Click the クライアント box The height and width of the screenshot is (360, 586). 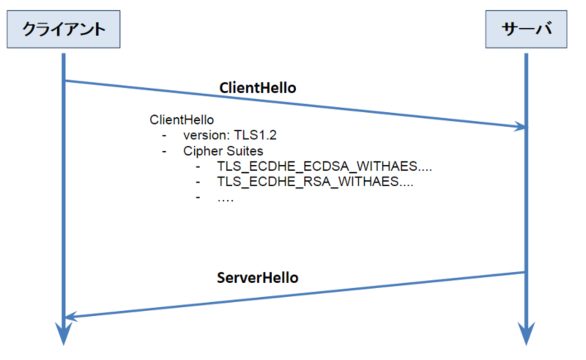[x=63, y=29]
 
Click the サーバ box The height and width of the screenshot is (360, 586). [x=526, y=29]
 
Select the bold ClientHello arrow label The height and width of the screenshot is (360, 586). [x=257, y=88]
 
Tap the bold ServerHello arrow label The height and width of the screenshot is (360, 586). [x=257, y=277]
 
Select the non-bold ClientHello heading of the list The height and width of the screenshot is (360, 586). [x=181, y=120]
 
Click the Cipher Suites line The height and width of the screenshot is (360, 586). [x=223, y=151]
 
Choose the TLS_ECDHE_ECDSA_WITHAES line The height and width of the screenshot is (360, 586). [x=324, y=166]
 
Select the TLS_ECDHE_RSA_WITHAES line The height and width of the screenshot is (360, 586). [x=315, y=182]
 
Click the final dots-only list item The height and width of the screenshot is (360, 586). [x=225, y=198]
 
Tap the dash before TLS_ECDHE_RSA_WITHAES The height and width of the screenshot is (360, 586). [x=198, y=182]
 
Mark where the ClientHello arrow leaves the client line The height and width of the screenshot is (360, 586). [x=65, y=81]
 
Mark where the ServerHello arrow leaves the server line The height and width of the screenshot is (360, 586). [x=525, y=272]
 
